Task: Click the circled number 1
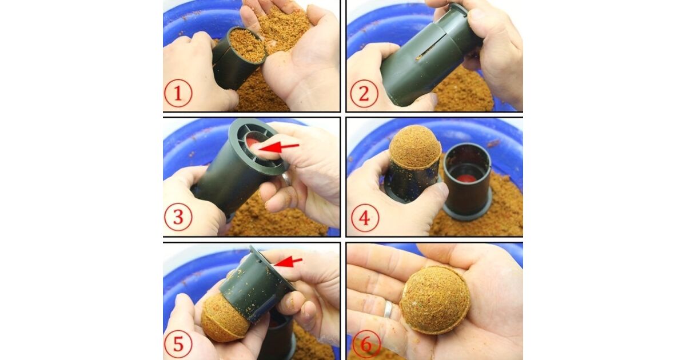pos(178,93)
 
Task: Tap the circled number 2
pos(364,93)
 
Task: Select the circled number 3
pos(178,217)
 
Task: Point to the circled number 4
pos(365,218)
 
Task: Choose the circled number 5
pos(178,343)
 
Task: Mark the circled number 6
pos(366,345)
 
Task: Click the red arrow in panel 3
pos(279,147)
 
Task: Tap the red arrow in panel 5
pos(288,262)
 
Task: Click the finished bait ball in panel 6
pos(435,300)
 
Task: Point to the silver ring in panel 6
pos(388,309)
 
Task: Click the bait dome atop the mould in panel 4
pos(415,147)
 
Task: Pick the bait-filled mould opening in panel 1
pos(247,45)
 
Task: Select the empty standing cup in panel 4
pos(467,181)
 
